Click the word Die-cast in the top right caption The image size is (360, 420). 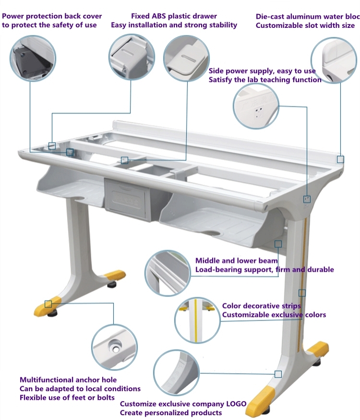(x=271, y=16)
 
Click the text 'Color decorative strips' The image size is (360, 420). (x=262, y=306)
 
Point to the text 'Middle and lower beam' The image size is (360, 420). (x=236, y=261)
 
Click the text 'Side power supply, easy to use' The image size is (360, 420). (x=262, y=71)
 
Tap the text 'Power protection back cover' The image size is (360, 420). (x=52, y=16)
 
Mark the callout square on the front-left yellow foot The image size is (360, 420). (x=48, y=304)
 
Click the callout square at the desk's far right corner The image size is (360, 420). (x=340, y=159)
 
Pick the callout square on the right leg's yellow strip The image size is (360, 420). (x=302, y=292)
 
